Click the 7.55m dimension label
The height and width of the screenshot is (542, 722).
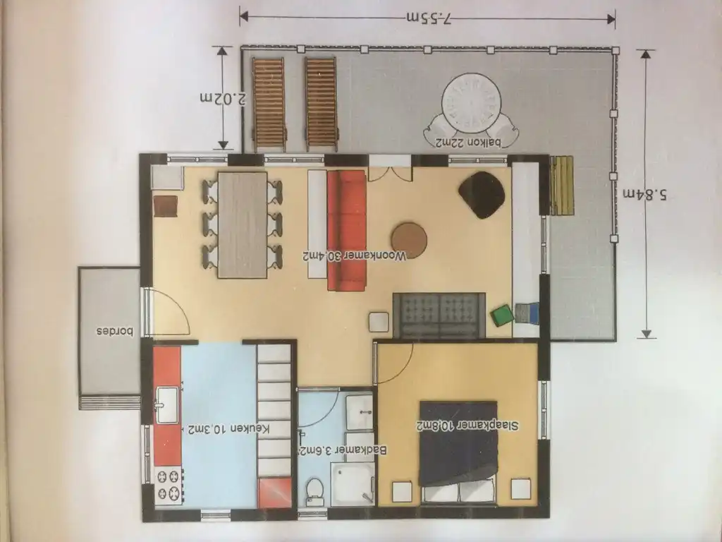[429, 18]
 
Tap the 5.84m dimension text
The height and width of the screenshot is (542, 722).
[645, 195]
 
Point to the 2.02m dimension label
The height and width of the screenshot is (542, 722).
[222, 98]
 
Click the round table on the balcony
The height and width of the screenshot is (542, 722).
[471, 103]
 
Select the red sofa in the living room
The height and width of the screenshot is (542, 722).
[346, 231]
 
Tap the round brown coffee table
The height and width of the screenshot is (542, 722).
[409, 240]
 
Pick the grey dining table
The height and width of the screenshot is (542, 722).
[243, 225]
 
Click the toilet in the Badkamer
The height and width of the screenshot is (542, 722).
[315, 491]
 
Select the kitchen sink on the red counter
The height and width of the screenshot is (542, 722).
[167, 405]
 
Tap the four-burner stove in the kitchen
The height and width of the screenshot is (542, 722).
[169, 486]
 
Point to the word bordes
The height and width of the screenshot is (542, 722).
[115, 332]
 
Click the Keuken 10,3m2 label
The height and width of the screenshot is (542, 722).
[228, 428]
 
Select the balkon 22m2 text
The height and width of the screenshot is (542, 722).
[468, 143]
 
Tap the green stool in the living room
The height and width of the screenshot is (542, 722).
[501, 315]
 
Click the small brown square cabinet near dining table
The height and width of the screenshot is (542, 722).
[165, 206]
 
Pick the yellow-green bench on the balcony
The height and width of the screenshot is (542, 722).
[562, 186]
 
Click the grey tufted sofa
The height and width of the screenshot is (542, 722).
[439, 315]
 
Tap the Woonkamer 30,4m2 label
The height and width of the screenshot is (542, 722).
[355, 255]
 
